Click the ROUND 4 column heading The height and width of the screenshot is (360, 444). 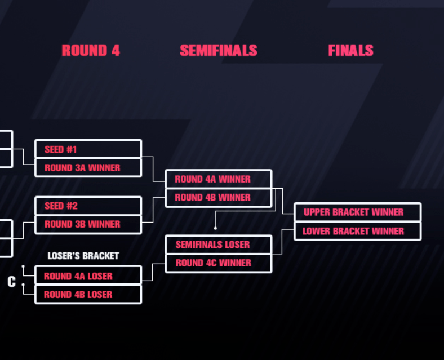pyautogui.click(x=91, y=51)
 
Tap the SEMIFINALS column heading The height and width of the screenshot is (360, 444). pyautogui.click(x=218, y=51)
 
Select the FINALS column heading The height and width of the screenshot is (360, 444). pyautogui.click(x=350, y=51)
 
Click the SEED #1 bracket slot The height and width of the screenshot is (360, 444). pyautogui.click(x=88, y=149)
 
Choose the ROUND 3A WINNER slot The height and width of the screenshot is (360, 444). pyautogui.click(x=88, y=168)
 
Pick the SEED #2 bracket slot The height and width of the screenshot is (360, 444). pyautogui.click(x=88, y=206)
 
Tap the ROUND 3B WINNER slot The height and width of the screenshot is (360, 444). pyautogui.click(x=88, y=224)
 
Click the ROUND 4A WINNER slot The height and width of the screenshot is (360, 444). pyautogui.click(x=218, y=179)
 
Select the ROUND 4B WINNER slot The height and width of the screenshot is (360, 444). pyautogui.click(x=218, y=198)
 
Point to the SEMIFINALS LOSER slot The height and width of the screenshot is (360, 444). pyautogui.click(x=218, y=245)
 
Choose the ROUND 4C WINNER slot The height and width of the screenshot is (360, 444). pyautogui.click(x=218, y=263)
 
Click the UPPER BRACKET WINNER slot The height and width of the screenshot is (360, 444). pyautogui.click(x=357, y=212)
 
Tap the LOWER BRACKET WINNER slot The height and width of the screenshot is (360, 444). pyautogui.click(x=357, y=231)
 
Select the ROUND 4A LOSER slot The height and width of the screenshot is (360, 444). pyautogui.click(x=88, y=276)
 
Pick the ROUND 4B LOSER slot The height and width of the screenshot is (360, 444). pyautogui.click(x=88, y=295)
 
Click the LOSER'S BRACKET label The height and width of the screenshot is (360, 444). pyautogui.click(x=83, y=256)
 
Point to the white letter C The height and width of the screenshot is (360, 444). pyautogui.click(x=11, y=282)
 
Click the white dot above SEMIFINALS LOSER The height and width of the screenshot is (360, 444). pyautogui.click(x=215, y=228)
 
